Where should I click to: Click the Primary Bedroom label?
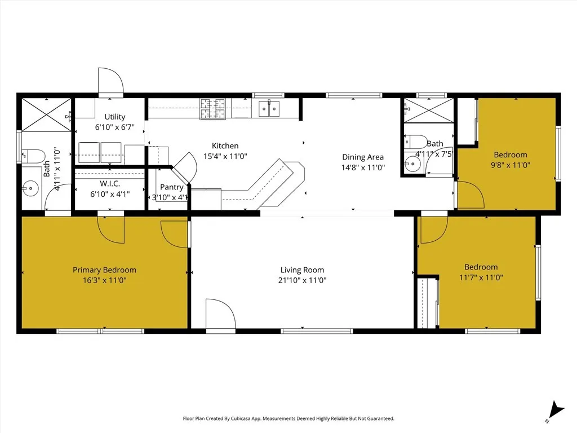104,270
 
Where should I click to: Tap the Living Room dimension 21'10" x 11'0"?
303,280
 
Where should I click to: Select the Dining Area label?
363,157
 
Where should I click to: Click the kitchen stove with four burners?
212,108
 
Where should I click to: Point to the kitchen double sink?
269,108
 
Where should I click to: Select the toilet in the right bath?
416,142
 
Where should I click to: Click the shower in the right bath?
429,111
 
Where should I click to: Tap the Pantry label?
171,187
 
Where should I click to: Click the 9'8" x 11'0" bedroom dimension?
510,165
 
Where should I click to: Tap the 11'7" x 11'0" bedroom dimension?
481,277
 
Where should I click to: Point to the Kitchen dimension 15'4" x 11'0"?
225,156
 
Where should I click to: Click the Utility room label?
114,117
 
